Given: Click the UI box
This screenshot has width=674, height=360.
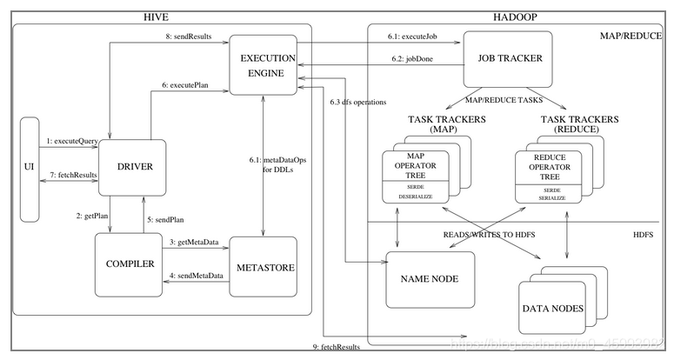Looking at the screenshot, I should (x=28, y=164).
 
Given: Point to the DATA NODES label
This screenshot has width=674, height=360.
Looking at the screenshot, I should (x=551, y=309).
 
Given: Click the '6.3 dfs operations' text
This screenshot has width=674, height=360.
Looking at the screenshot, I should (x=358, y=102).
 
